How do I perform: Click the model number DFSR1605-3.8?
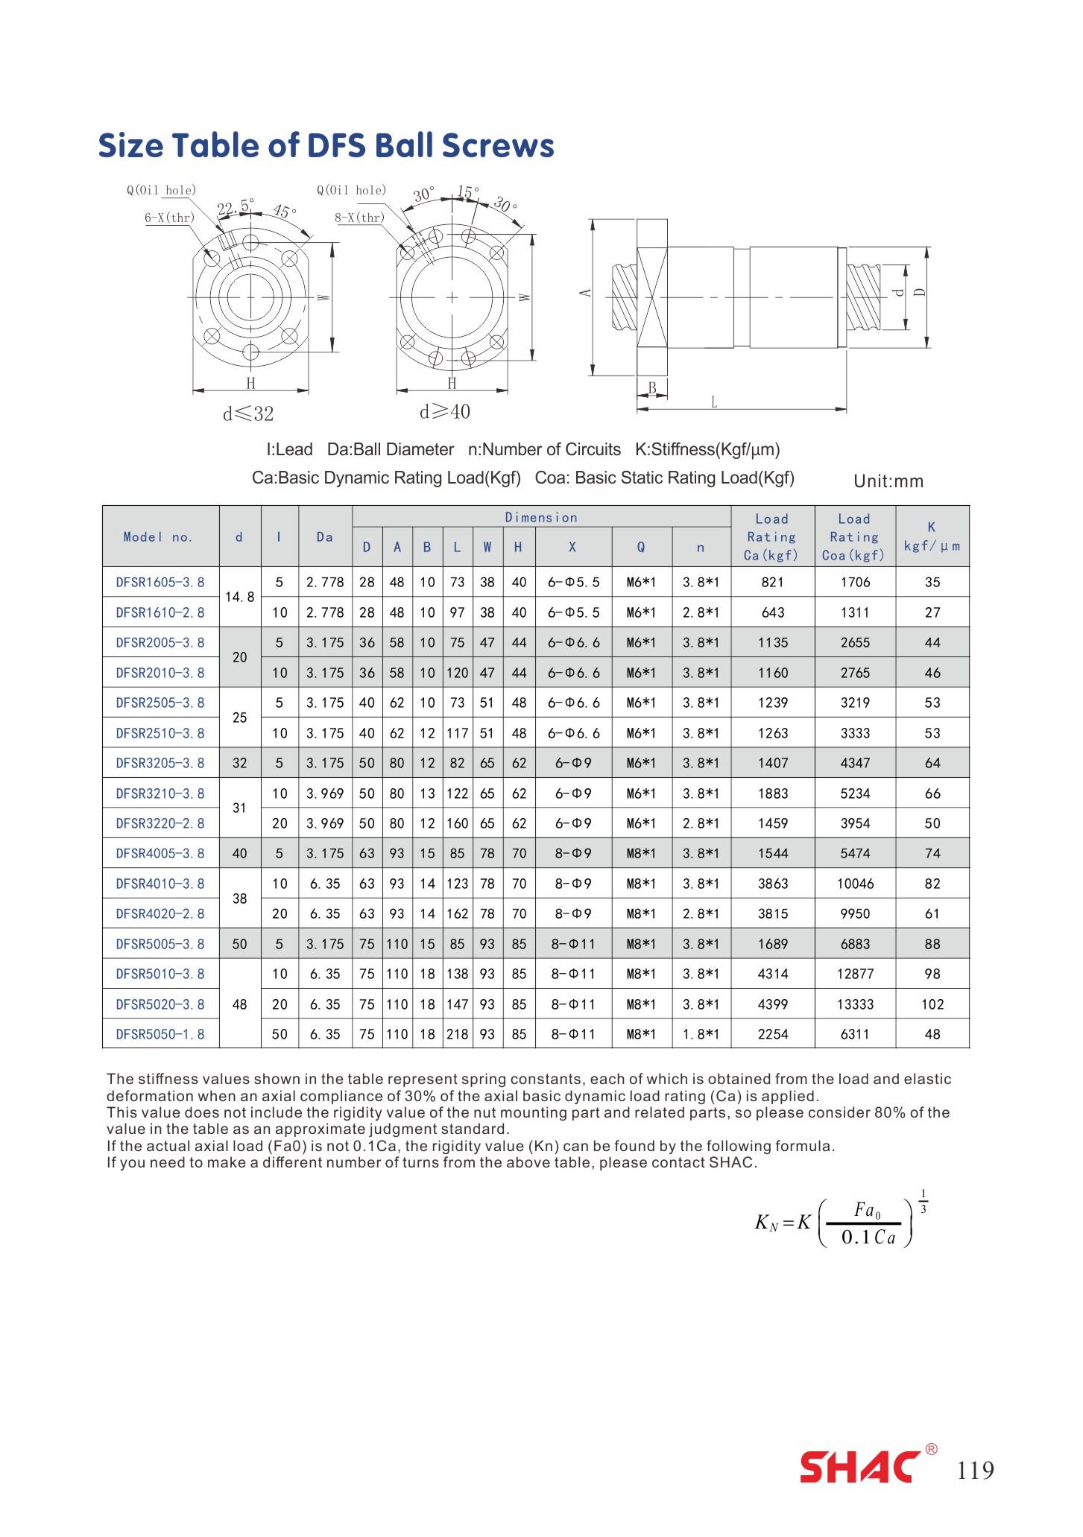pyautogui.click(x=160, y=583)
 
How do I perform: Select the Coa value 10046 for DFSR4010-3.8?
pyautogui.click(x=855, y=884)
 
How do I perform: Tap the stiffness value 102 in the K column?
pyautogui.click(x=932, y=1004)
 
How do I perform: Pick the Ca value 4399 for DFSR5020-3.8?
pyautogui.click(x=772, y=1004)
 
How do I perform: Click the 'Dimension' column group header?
pyautogui.click(x=541, y=518)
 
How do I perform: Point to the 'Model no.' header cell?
pyautogui.click(x=159, y=537)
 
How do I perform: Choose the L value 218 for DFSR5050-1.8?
pyautogui.click(x=457, y=1034)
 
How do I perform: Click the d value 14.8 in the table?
pyautogui.click(x=239, y=597)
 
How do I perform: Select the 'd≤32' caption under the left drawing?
pyautogui.click(x=248, y=413)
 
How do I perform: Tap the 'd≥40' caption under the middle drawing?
pyautogui.click(x=445, y=412)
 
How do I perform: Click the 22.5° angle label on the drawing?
pyautogui.click(x=236, y=206)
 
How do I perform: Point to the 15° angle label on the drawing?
pyautogui.click(x=467, y=192)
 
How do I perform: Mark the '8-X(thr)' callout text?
pyautogui.click(x=360, y=218)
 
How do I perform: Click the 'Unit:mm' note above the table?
pyautogui.click(x=888, y=481)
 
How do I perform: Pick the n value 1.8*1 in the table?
pyautogui.click(x=701, y=1034)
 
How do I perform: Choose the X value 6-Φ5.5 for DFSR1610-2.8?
pyautogui.click(x=573, y=612)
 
